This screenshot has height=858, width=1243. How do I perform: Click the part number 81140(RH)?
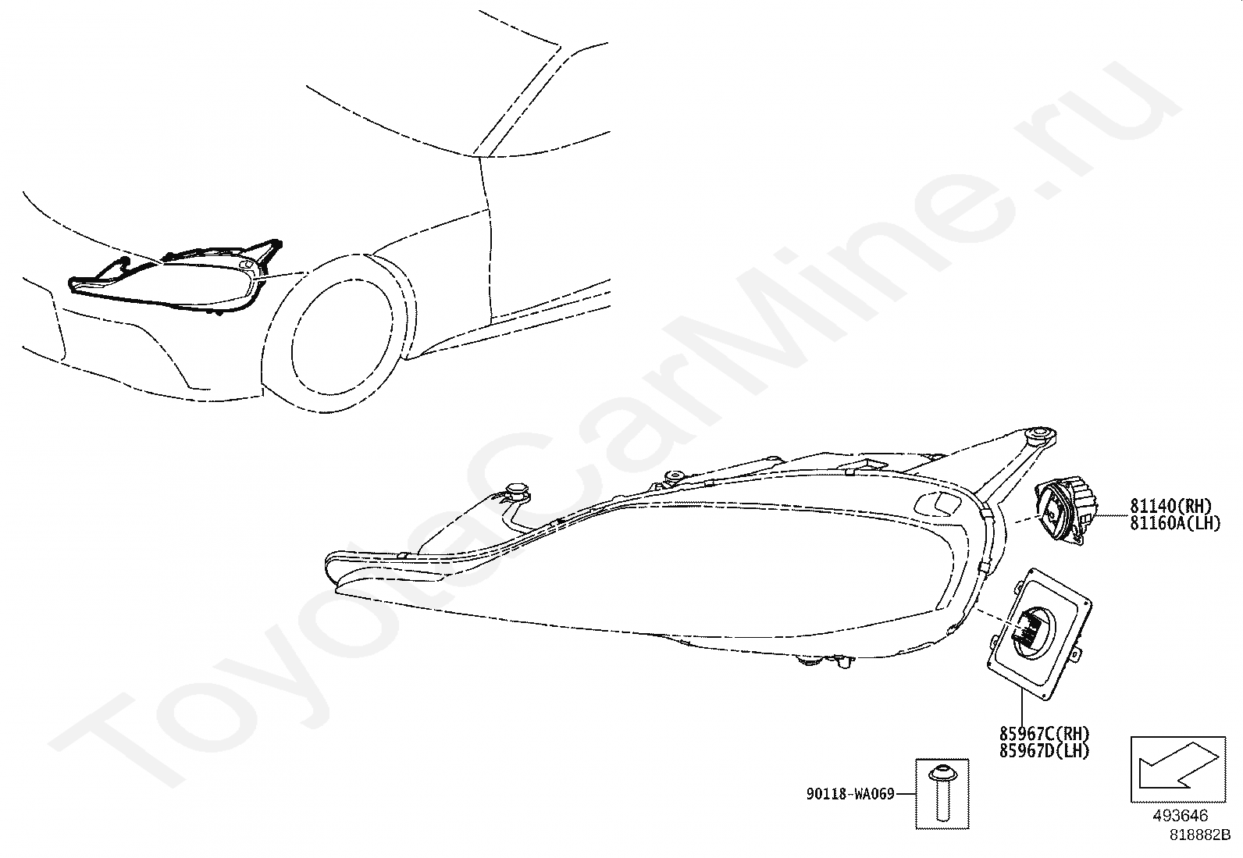1170,506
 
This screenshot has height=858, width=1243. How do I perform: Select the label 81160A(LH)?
1174,523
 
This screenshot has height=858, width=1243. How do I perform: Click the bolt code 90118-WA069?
850,795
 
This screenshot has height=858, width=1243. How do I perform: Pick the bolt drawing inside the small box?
941,793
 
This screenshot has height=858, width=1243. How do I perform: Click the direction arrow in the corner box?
1174,769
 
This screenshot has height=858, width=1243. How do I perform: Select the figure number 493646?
1180,816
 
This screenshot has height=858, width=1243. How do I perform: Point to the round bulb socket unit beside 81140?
1066,511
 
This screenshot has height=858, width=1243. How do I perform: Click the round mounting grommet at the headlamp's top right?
1038,434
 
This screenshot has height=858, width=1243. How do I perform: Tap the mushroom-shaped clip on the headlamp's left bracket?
517,490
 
